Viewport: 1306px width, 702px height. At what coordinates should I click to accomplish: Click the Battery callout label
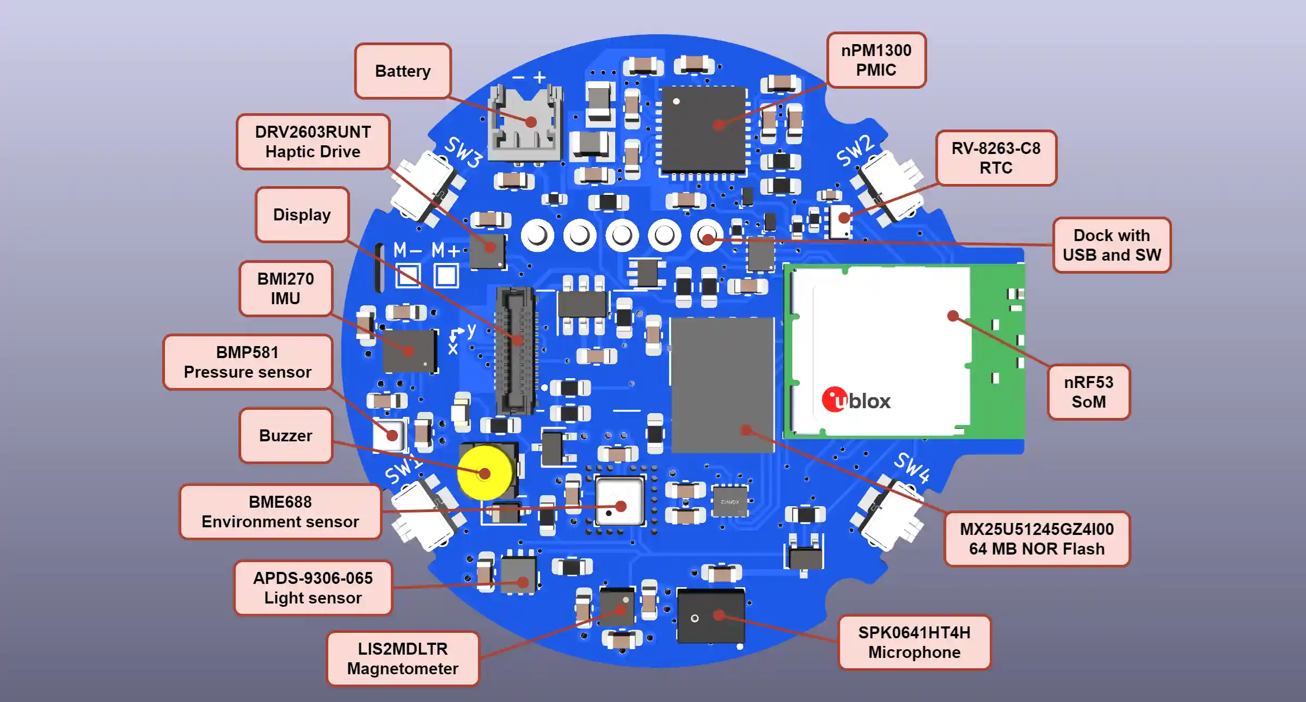[x=403, y=71]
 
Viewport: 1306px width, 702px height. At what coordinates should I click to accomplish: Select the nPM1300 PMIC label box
[x=876, y=60]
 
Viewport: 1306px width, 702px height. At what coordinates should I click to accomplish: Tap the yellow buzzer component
[x=484, y=472]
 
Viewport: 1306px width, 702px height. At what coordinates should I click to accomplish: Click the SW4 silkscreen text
[x=912, y=467]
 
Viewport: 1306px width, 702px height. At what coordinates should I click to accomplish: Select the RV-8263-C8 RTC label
[x=996, y=158]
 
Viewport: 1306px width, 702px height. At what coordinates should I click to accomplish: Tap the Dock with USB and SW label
[x=1111, y=245]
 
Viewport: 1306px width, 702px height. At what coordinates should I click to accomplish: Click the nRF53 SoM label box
[x=1088, y=392]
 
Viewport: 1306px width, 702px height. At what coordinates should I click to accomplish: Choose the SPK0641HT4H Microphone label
[x=914, y=642]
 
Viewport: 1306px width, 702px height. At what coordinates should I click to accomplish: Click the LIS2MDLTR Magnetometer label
[x=403, y=658]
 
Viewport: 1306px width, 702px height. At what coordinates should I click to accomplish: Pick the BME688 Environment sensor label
[x=280, y=512]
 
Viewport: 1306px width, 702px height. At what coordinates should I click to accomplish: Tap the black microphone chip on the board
[x=710, y=615]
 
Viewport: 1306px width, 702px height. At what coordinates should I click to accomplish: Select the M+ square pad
[x=446, y=275]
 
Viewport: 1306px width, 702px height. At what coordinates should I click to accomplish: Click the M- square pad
[x=408, y=275]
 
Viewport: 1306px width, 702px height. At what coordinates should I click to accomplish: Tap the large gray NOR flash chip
[x=722, y=384]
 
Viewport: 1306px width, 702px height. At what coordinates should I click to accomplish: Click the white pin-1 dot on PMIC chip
[x=676, y=101]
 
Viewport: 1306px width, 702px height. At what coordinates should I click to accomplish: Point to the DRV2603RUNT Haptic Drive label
[x=313, y=141]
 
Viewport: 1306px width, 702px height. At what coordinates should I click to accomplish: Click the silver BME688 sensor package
[x=620, y=501]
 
